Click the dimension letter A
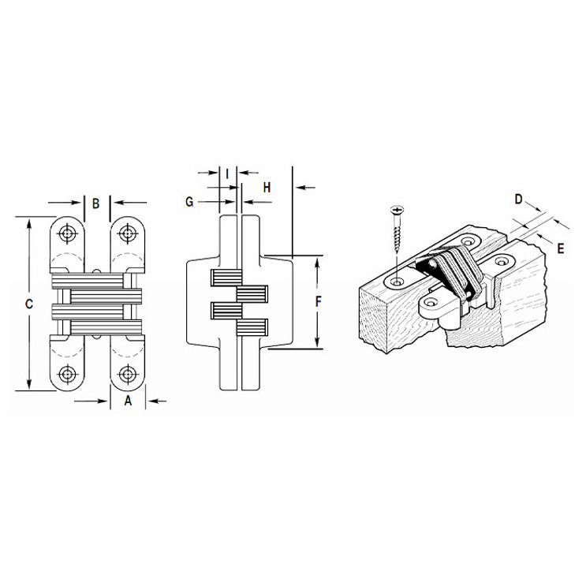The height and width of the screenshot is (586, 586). click(129, 401)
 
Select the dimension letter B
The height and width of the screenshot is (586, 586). click(95, 203)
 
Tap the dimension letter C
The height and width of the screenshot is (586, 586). click(29, 304)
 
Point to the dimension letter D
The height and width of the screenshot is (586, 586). click(518, 199)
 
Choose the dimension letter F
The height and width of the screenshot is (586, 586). click(319, 301)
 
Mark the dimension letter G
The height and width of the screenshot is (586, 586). click(189, 202)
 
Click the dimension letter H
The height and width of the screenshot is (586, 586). click(267, 187)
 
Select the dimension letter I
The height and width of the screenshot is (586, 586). click(227, 172)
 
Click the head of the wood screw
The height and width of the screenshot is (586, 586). click(396, 209)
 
